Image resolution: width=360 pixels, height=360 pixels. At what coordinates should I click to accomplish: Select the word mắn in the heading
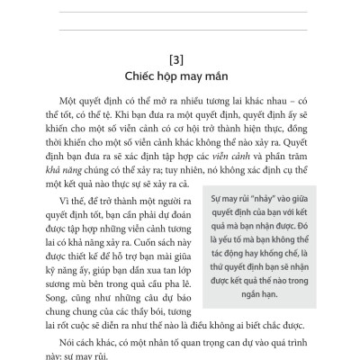(222, 76)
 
